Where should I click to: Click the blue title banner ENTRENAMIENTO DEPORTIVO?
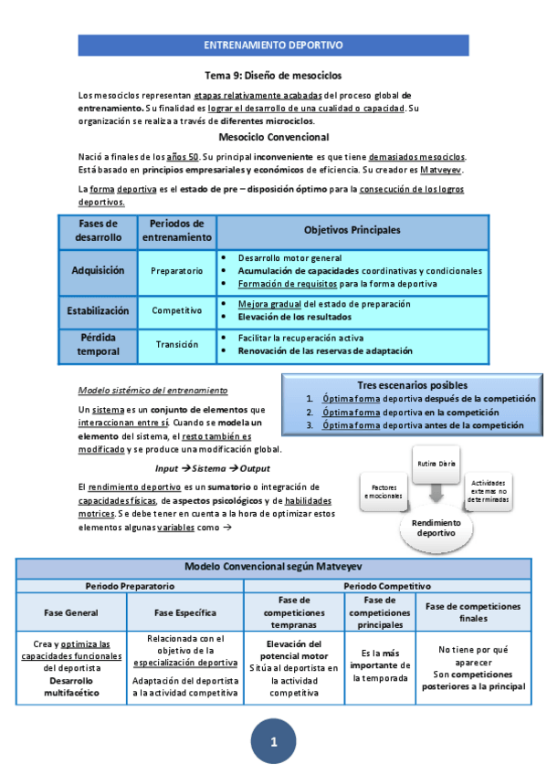click(x=273, y=44)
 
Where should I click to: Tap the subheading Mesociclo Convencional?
click(x=273, y=138)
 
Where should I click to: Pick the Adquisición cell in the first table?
click(x=96, y=270)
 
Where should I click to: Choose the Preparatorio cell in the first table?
click(x=176, y=271)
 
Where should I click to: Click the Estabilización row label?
click(x=98, y=310)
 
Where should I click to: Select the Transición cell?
click(x=176, y=344)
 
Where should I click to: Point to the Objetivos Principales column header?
click(x=352, y=230)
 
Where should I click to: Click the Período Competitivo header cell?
click(x=387, y=584)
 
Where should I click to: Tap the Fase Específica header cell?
click(x=186, y=612)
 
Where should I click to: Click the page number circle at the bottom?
click(x=273, y=740)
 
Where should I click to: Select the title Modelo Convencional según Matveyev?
click(x=273, y=567)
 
